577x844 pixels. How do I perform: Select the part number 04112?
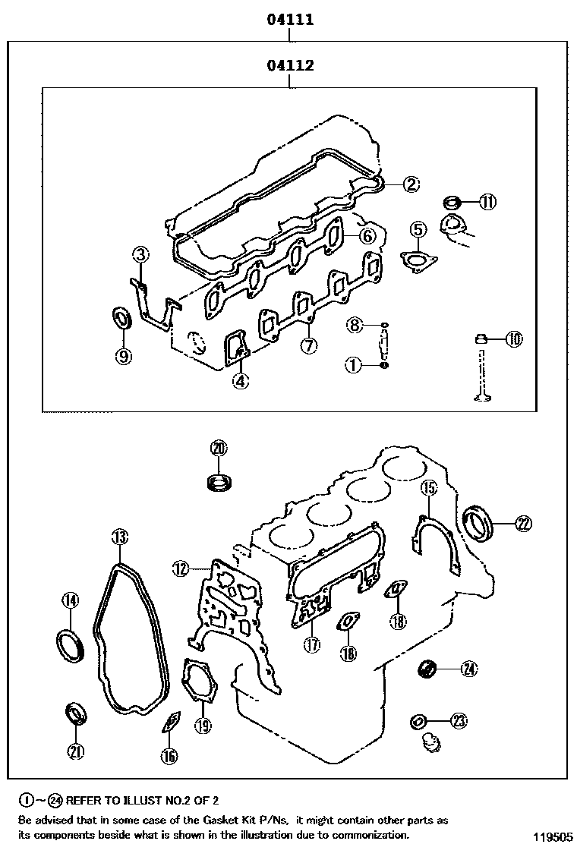[x=290, y=66]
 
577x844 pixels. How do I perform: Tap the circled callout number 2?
[x=410, y=183]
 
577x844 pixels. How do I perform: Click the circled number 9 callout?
[x=124, y=355]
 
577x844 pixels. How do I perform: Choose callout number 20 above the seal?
[x=219, y=449]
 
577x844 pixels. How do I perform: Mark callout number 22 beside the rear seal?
[x=523, y=522]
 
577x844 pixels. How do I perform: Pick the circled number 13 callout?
[x=119, y=538]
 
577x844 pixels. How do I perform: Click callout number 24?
[x=468, y=669]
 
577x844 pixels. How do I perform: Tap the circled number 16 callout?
[x=169, y=754]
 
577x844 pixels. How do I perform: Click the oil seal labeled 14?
[x=70, y=644]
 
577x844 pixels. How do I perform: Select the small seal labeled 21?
[x=76, y=713]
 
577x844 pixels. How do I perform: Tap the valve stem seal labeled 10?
[x=481, y=338]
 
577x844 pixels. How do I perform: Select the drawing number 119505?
[x=552, y=837]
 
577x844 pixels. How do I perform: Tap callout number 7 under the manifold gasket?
[x=308, y=346]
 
